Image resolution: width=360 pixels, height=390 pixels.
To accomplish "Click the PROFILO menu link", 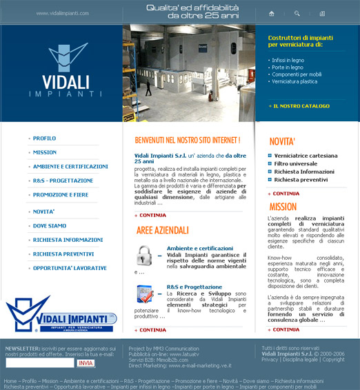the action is point(44,138).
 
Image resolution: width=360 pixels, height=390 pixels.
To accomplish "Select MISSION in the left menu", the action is point(45,152).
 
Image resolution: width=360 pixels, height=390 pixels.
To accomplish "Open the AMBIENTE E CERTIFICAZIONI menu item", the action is point(70,166).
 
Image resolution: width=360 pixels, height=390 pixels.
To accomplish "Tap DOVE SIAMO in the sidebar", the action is point(50,226).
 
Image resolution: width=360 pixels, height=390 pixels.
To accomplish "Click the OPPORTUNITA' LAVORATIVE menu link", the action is point(69,267).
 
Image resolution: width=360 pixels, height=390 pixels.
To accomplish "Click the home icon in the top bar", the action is point(272,13).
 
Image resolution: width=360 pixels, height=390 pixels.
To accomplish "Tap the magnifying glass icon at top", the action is point(297,13).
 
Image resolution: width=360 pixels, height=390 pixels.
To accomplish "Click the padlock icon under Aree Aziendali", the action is point(144,255).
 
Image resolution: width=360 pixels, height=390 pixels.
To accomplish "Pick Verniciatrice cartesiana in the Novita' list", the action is point(306,156).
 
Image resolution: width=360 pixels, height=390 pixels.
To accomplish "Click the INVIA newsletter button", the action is point(86,362).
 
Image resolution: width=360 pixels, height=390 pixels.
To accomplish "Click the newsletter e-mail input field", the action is point(39,362).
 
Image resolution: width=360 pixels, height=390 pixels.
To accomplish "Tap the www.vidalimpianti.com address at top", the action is point(63,13).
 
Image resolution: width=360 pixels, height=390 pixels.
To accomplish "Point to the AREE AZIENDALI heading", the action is point(162,229).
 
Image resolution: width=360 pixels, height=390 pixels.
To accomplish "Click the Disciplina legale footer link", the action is point(301,360).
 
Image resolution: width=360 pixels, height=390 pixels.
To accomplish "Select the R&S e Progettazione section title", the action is point(194,287).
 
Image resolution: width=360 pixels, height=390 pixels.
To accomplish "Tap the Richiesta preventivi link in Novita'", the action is point(301,179).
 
